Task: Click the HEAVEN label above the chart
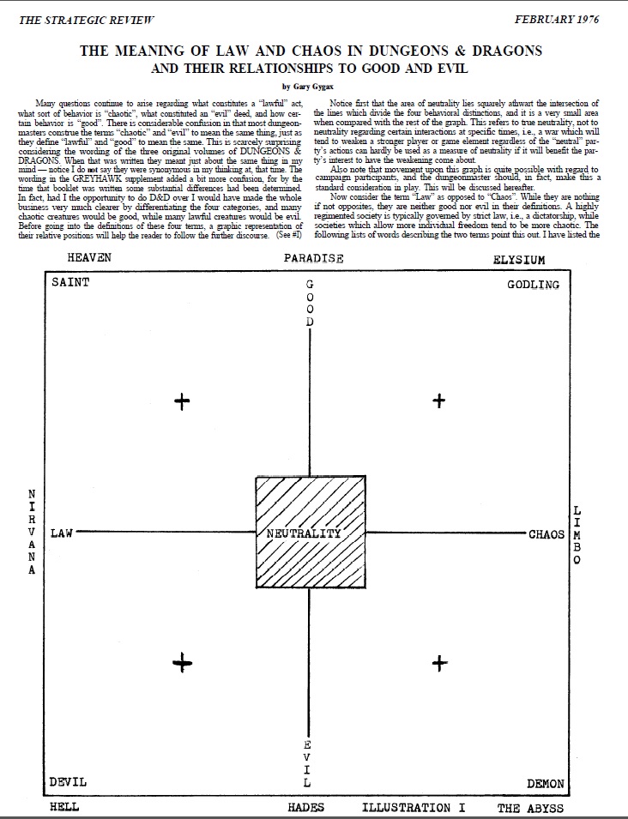point(90,257)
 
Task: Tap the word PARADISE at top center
point(314,258)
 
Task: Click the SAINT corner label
point(69,283)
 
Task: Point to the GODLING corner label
point(533,284)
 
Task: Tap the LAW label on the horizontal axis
point(62,533)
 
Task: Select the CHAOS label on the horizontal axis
point(546,534)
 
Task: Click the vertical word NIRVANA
point(33,533)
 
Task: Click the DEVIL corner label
point(68,783)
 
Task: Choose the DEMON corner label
point(545,784)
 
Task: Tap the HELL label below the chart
point(64,807)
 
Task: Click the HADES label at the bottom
point(306,807)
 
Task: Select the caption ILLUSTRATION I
point(418,807)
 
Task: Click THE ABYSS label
point(531,808)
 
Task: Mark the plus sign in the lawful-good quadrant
point(181,400)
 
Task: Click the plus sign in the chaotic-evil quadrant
point(439,662)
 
